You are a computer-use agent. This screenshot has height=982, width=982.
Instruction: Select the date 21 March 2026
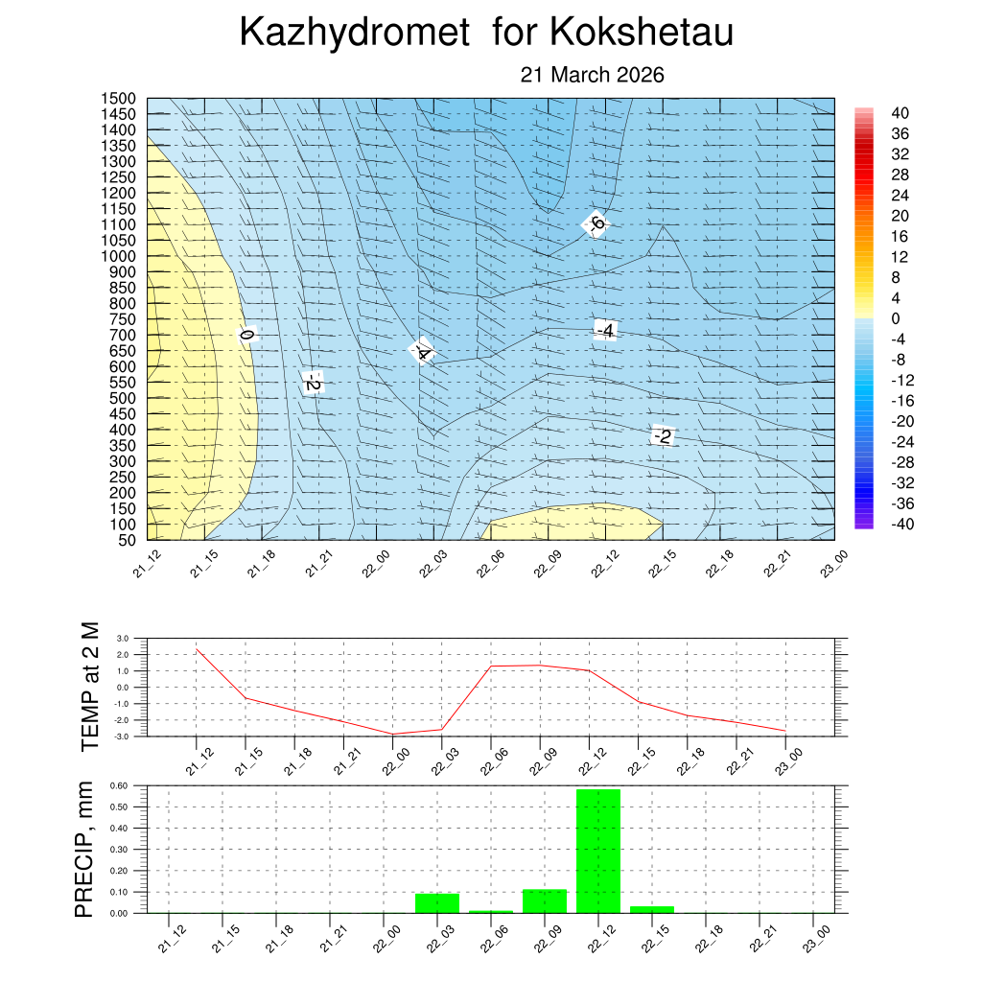click(592, 75)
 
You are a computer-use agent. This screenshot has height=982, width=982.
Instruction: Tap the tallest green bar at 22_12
click(598, 851)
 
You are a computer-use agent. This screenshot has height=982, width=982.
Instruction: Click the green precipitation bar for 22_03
click(437, 903)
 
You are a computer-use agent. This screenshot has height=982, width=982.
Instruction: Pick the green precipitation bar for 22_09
click(545, 901)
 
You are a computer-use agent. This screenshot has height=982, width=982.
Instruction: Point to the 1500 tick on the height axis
click(120, 99)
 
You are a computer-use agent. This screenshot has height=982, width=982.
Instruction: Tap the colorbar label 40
click(900, 112)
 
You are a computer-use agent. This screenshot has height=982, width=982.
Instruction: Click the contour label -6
click(596, 223)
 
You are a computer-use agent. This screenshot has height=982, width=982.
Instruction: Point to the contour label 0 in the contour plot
click(246, 335)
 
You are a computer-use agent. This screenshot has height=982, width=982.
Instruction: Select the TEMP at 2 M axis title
click(91, 686)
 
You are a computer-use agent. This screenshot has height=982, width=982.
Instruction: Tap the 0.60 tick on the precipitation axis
click(120, 785)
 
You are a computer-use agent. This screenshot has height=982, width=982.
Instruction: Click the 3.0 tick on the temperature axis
click(123, 638)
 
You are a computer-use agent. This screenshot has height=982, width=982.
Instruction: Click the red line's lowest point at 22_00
click(392, 734)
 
